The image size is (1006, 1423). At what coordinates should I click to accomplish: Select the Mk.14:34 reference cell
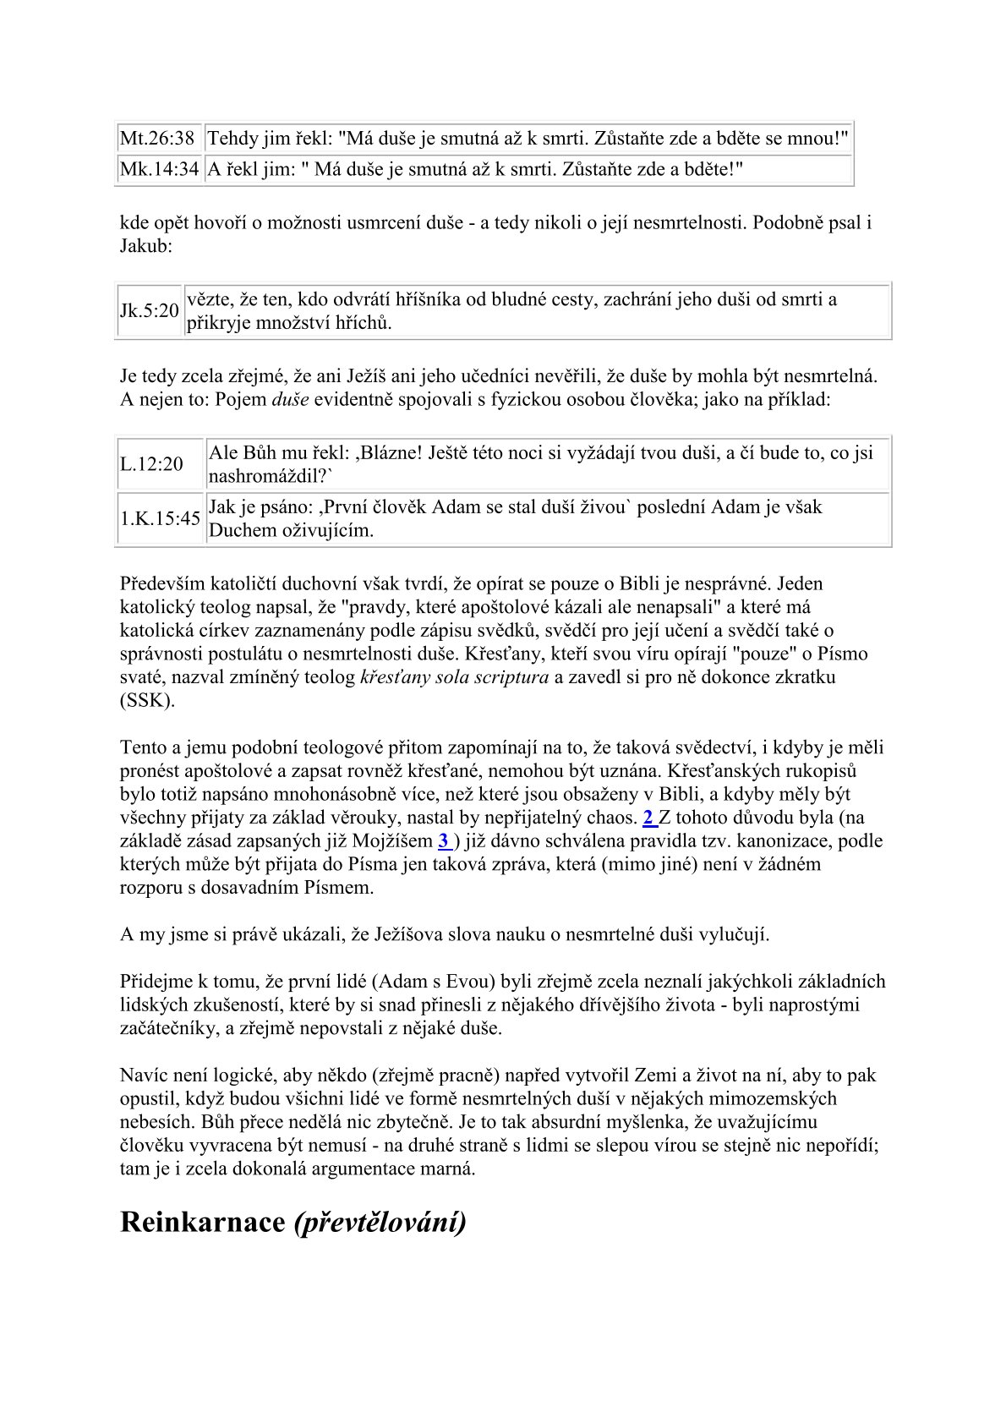click(160, 169)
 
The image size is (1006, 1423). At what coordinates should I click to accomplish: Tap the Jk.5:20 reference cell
click(149, 311)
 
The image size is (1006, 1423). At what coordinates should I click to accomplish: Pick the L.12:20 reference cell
click(151, 464)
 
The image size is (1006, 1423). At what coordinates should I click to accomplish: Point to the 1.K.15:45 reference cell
click(160, 518)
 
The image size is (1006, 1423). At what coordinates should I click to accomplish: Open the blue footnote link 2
click(649, 818)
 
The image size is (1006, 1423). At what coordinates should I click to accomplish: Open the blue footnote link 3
click(444, 840)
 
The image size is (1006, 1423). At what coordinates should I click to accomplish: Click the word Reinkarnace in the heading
click(203, 1223)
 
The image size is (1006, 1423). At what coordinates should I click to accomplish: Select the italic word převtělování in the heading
click(380, 1223)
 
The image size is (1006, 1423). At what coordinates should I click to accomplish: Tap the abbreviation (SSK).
click(147, 701)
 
